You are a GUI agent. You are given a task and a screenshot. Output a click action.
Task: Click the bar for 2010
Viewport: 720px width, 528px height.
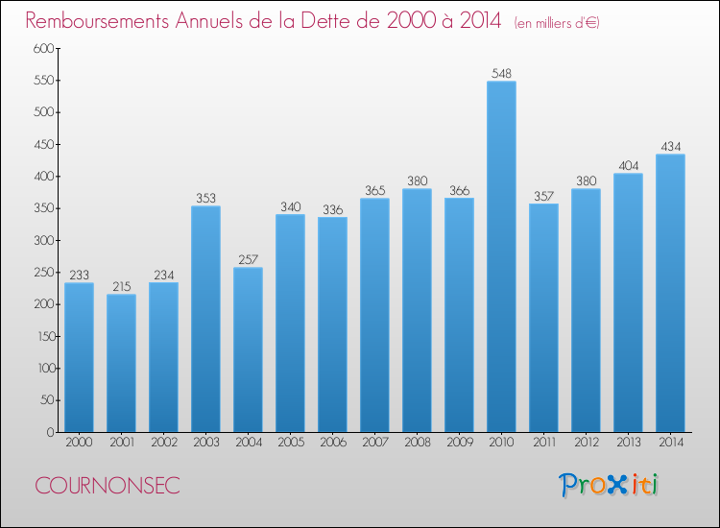click(x=501, y=256)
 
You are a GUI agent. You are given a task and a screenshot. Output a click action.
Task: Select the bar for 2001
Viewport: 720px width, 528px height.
click(x=121, y=363)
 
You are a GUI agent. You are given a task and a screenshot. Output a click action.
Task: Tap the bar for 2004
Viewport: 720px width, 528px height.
click(x=248, y=349)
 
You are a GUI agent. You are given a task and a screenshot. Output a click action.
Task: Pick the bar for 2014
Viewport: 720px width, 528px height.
click(x=670, y=293)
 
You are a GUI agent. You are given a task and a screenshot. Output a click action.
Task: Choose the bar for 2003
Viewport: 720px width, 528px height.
click(x=205, y=319)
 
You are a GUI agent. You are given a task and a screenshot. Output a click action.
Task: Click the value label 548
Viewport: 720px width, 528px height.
click(x=501, y=74)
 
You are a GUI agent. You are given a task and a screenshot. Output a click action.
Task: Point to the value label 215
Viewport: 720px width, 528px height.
click(x=122, y=286)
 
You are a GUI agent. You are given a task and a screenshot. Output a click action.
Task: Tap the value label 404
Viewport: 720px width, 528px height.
click(x=628, y=166)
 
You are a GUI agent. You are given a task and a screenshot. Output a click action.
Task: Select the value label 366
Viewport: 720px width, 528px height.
click(x=459, y=190)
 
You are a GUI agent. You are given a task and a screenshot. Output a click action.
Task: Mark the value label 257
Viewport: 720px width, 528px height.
click(x=248, y=260)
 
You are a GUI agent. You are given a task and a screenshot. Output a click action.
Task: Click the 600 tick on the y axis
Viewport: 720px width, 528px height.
click(x=43, y=48)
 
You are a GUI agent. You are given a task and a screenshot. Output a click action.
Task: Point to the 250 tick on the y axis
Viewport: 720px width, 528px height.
click(x=44, y=273)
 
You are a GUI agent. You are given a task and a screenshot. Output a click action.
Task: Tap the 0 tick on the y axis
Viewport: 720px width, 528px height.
click(x=51, y=432)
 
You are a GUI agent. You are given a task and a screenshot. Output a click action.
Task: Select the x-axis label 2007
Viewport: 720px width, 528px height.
click(x=375, y=443)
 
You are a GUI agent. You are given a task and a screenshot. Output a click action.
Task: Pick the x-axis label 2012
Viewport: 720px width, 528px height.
click(x=587, y=443)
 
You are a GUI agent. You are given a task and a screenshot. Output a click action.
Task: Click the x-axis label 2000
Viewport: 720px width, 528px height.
click(x=79, y=443)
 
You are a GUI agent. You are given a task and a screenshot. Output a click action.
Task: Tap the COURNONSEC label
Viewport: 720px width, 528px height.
click(x=108, y=486)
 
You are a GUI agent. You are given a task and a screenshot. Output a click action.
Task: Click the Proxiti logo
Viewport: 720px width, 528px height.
click(x=609, y=485)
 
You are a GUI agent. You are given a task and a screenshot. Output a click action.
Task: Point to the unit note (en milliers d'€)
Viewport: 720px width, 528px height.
click(x=557, y=23)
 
